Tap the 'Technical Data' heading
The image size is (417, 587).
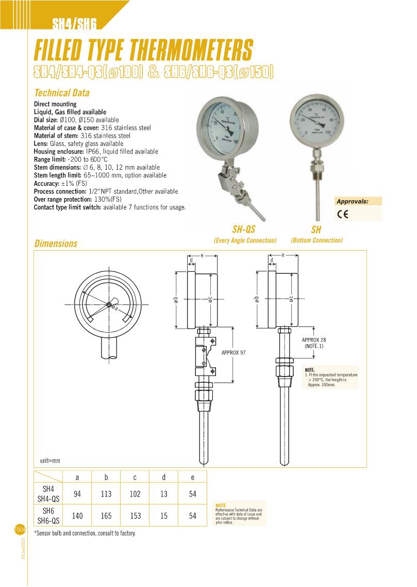[61, 93]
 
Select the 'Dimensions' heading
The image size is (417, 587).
[56, 243]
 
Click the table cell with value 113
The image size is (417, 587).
[106, 494]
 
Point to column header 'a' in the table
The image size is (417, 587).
[77, 477]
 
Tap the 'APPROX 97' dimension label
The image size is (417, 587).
[233, 352]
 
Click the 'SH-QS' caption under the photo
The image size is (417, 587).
[244, 230]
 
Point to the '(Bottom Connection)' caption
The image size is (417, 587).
[316, 240]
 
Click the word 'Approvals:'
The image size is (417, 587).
[352, 201]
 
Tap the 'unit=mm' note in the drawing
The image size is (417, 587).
[50, 460]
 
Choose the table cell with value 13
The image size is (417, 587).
[164, 494]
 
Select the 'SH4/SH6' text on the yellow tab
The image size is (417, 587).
[75, 23]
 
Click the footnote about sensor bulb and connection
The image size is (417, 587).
[85, 533]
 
